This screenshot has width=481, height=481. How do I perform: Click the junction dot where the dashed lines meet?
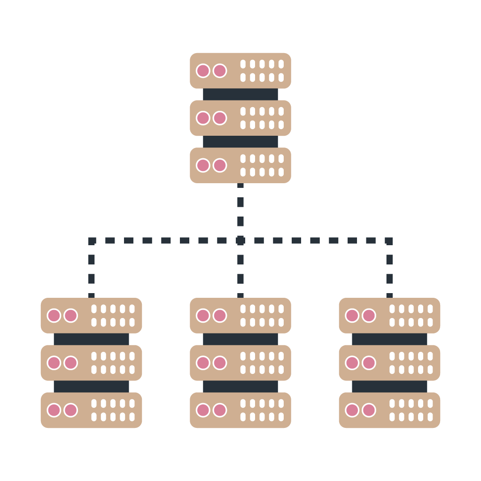240,240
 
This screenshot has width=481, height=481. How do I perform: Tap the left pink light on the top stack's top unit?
203,71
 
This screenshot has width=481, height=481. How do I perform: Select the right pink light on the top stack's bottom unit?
220,165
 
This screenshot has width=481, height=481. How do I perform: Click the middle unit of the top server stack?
240,118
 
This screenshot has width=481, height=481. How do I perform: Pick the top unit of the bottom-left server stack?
91,316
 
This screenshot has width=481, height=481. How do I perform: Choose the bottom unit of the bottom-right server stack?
389,410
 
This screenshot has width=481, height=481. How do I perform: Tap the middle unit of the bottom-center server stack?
240,363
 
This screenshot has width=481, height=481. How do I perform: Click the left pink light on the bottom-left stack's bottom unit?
54,410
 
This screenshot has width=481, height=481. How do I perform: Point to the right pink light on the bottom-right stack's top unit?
369,316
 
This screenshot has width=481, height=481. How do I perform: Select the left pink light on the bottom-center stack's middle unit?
203,363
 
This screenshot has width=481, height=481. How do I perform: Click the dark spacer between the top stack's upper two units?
240,94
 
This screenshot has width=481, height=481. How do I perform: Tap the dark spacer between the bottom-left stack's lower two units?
91,387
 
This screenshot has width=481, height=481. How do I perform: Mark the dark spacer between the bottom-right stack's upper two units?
389,339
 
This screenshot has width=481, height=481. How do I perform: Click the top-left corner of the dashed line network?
92,240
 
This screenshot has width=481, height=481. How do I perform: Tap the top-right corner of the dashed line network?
389,240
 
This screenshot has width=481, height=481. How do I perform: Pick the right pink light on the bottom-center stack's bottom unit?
220,410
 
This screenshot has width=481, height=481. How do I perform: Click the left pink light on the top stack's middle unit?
203,118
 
